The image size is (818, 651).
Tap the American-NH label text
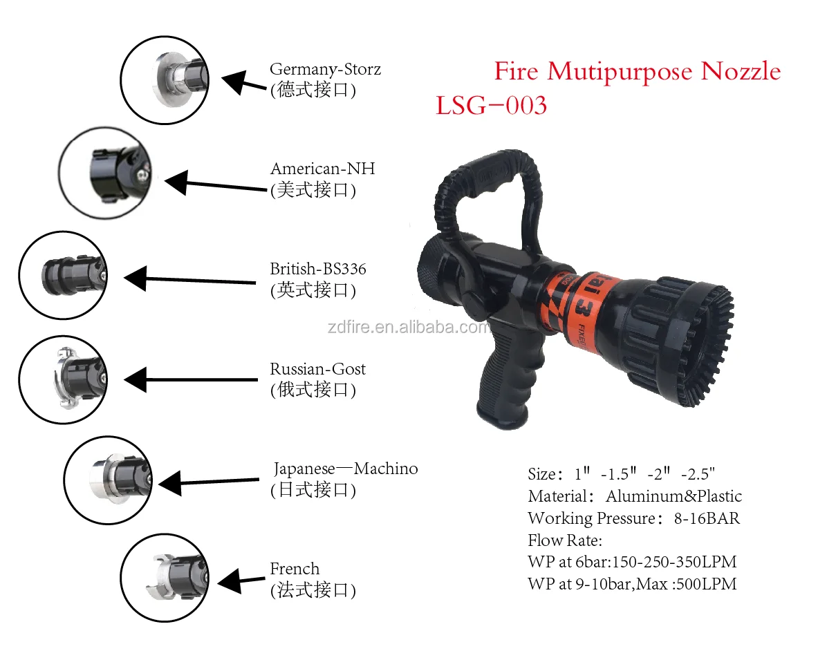tap(322, 169)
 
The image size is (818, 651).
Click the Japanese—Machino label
tap(345, 469)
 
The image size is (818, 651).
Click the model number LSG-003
tap(491, 106)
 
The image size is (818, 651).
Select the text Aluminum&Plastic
tap(673, 496)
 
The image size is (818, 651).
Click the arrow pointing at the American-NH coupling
tap(214, 184)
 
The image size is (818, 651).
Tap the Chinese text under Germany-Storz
tap(313, 90)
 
